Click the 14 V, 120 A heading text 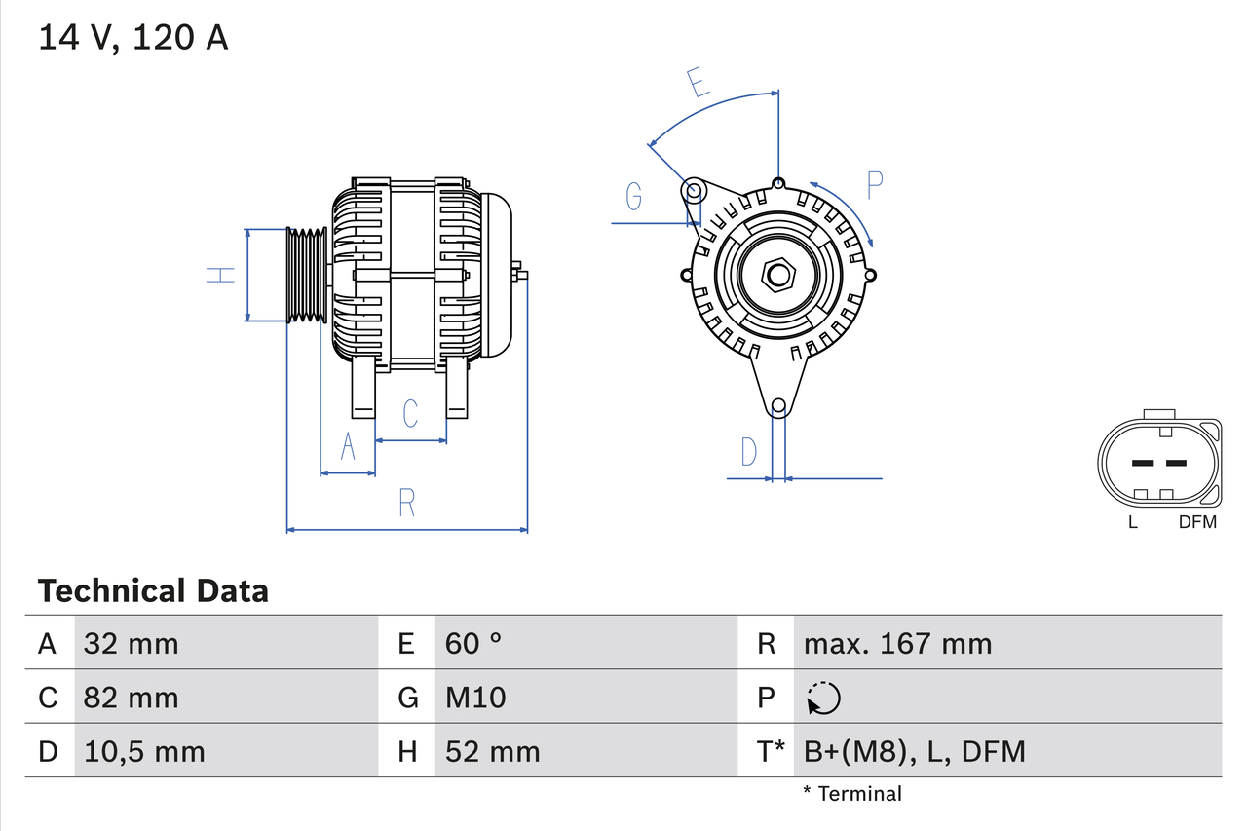pyautogui.click(x=133, y=37)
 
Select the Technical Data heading pyautogui.click(x=153, y=591)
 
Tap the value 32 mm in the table pyautogui.click(x=132, y=643)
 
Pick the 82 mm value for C pyautogui.click(x=132, y=698)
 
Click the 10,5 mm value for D pyautogui.click(x=144, y=751)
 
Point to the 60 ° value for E pyautogui.click(x=473, y=643)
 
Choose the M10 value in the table pyautogui.click(x=475, y=698)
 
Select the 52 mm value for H pyautogui.click(x=492, y=751)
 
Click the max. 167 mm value pyautogui.click(x=897, y=643)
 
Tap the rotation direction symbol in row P pyautogui.click(x=823, y=698)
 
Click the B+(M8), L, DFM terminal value pyautogui.click(x=914, y=751)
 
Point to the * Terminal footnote pyautogui.click(x=852, y=794)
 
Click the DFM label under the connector pyautogui.click(x=1197, y=522)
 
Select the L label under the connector pyautogui.click(x=1132, y=522)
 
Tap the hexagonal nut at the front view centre pyautogui.click(x=777, y=275)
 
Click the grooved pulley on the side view pyautogui.click(x=307, y=275)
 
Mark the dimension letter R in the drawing pyautogui.click(x=407, y=504)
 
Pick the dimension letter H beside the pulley pyautogui.click(x=222, y=275)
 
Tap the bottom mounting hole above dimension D pyautogui.click(x=777, y=406)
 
